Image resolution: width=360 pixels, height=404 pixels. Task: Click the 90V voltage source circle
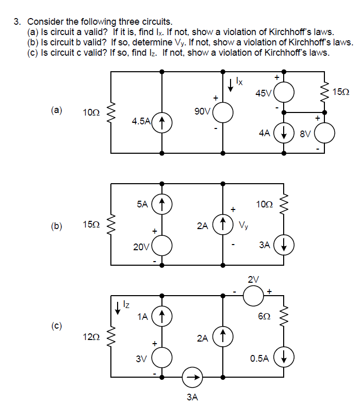point(223,112)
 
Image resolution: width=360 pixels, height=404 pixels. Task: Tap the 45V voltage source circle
point(284,93)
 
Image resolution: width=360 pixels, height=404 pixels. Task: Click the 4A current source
point(284,133)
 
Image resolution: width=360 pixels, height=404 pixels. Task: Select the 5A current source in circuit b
point(162,204)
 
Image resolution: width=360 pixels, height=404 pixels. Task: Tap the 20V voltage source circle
point(162,245)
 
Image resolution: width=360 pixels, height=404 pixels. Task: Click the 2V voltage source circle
point(253,296)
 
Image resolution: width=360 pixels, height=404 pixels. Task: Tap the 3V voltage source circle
point(162,357)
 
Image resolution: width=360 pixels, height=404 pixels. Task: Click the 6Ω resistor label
point(265,317)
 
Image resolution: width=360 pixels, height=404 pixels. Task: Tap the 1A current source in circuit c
point(162,316)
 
